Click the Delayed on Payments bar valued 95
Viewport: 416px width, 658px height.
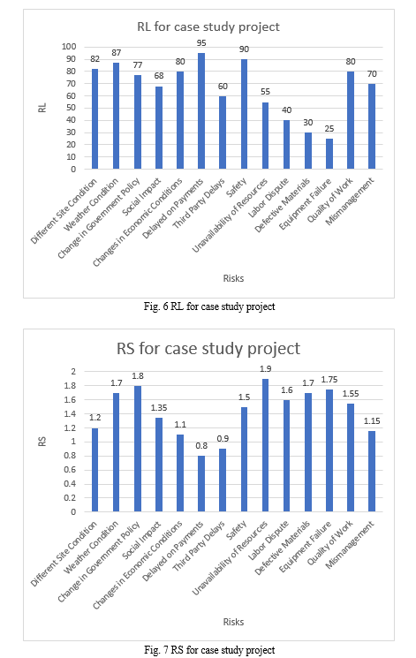(201, 111)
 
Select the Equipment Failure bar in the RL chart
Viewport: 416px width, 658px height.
(329, 154)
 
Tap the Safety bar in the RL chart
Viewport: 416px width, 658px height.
(244, 114)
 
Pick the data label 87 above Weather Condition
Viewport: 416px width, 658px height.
(117, 53)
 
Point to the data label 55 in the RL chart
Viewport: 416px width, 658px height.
(265, 92)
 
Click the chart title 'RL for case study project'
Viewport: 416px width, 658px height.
(208, 26)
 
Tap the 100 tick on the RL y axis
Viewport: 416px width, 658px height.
(69, 47)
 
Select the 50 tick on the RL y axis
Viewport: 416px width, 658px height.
(71, 108)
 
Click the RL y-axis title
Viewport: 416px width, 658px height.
(42, 108)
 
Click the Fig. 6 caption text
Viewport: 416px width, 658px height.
(209, 306)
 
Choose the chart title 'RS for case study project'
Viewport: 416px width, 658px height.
(208, 349)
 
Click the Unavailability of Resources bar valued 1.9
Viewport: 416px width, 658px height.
(265, 445)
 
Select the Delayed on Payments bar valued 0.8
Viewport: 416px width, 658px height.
(201, 484)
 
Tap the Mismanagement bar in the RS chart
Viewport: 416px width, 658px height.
(372, 472)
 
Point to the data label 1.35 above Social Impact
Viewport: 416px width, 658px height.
(159, 408)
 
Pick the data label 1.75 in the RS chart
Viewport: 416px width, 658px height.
(329, 380)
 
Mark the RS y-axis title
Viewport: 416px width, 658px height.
(42, 442)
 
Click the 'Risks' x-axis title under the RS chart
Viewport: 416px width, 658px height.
(233, 622)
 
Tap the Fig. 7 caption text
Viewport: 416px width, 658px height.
(209, 650)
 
